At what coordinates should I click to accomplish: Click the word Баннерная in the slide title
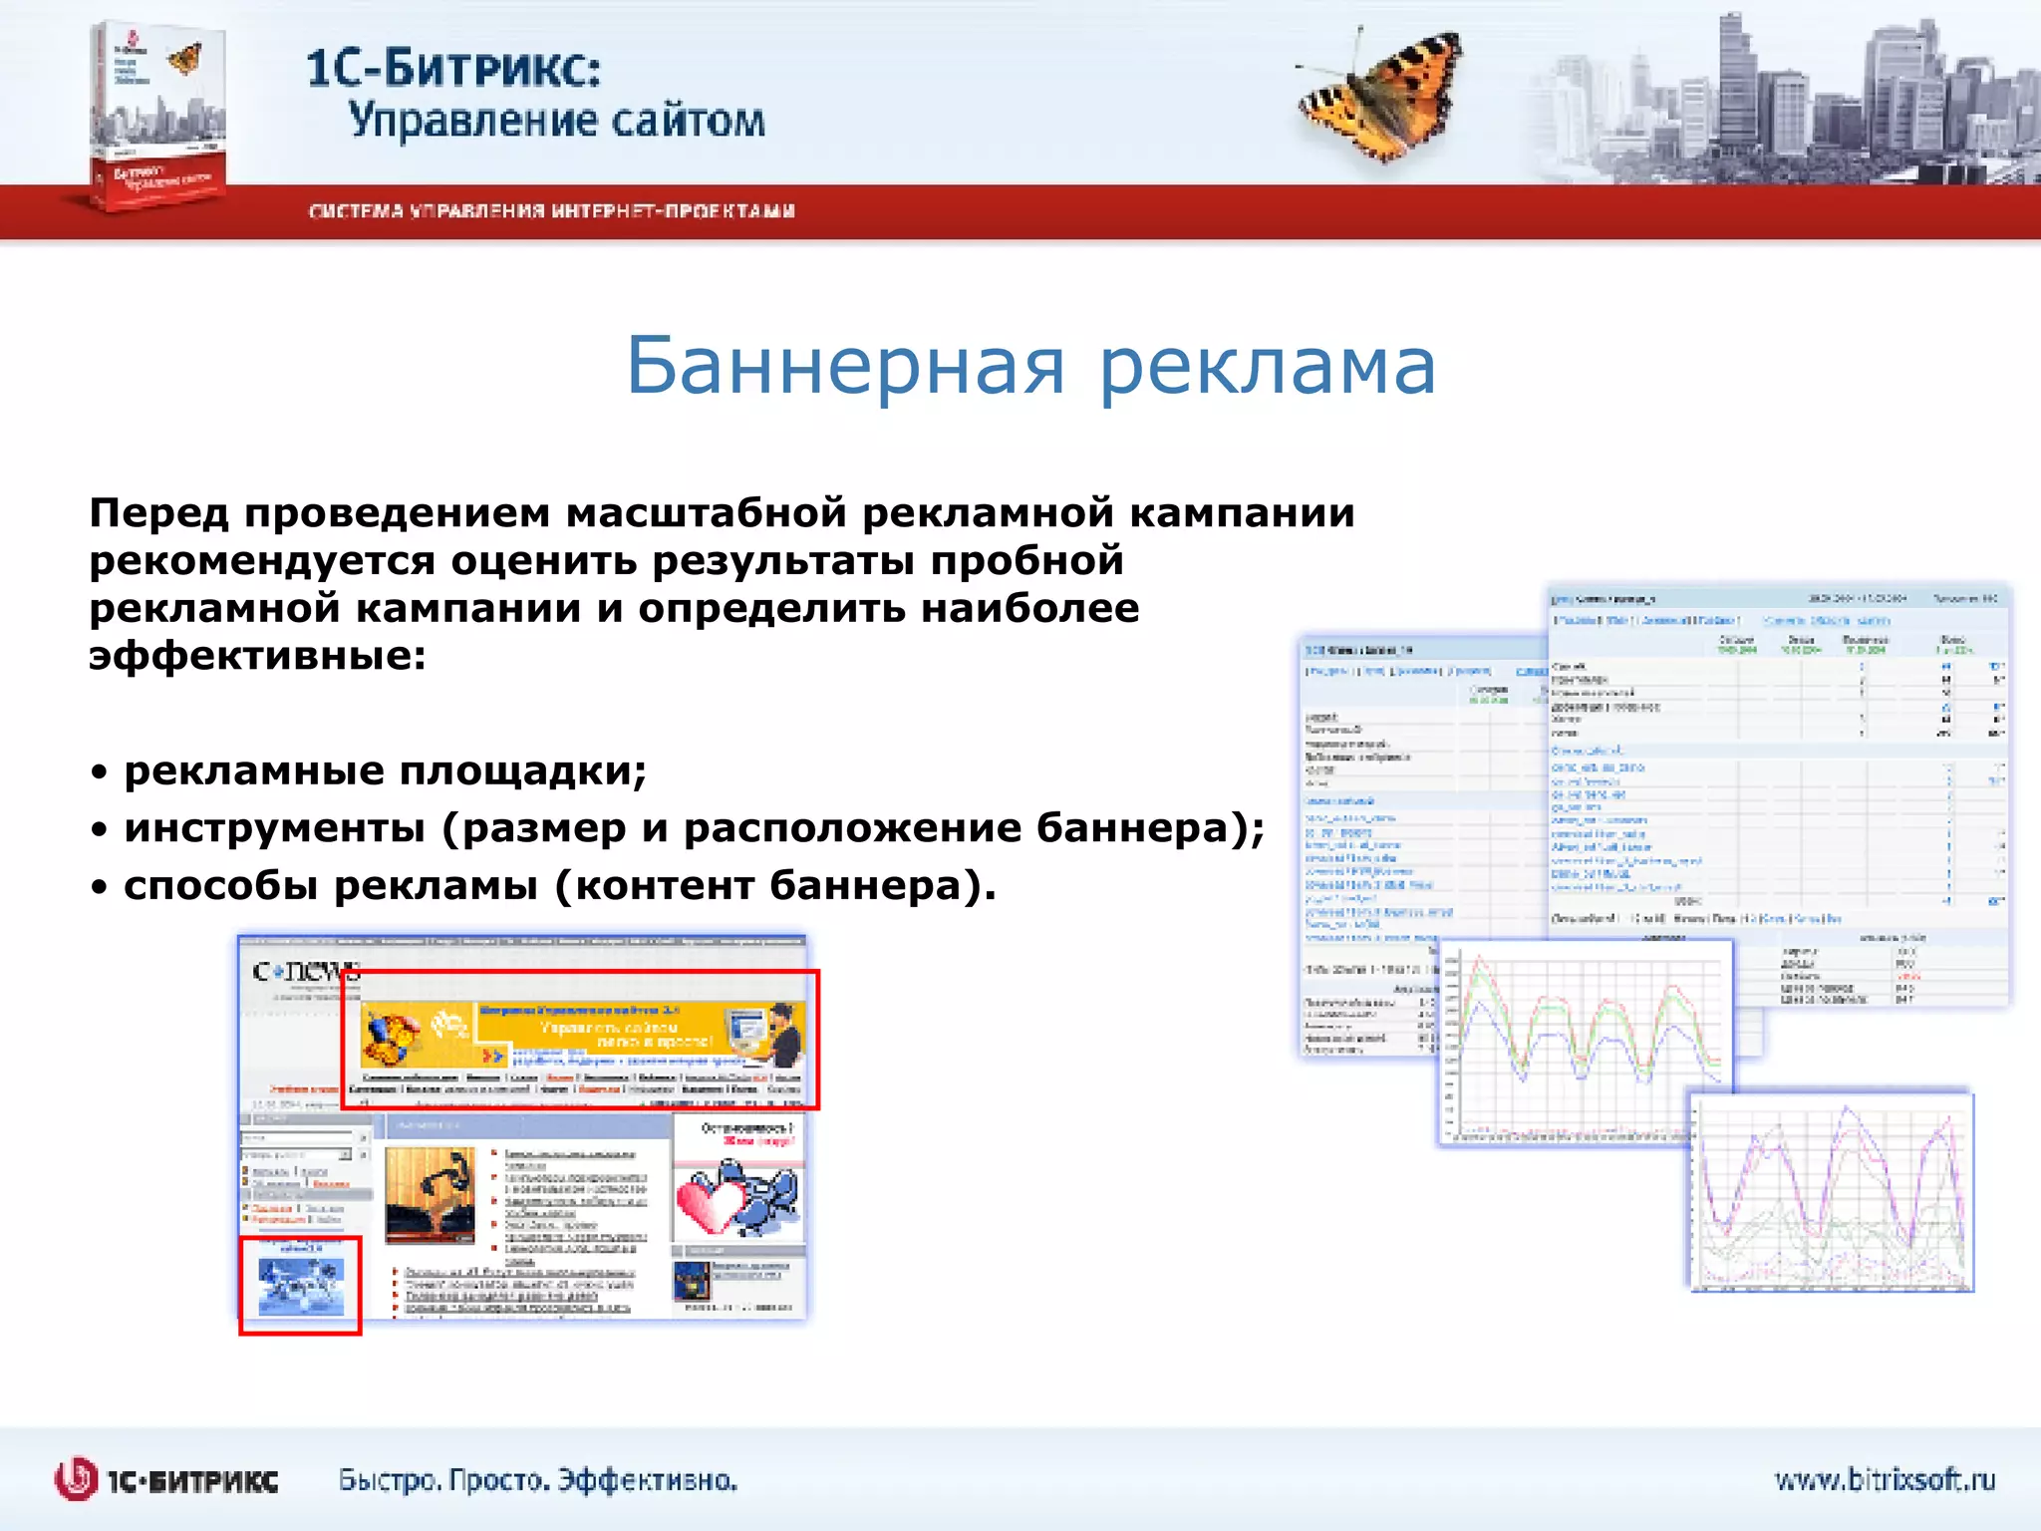[845, 366]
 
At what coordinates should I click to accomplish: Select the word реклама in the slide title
[1268, 366]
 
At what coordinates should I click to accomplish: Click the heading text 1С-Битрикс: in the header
[453, 69]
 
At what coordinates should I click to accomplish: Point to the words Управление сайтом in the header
[556, 121]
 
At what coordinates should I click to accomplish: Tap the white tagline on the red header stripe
[551, 211]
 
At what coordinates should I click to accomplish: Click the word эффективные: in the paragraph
[257, 656]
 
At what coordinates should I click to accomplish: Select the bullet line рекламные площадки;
[385, 770]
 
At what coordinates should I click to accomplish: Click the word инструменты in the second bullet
[274, 828]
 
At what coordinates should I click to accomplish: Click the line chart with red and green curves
[1585, 1042]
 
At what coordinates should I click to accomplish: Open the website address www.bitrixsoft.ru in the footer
[1885, 1479]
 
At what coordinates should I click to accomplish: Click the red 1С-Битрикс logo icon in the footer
[76, 1479]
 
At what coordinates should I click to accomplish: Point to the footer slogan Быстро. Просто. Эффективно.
[538, 1480]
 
